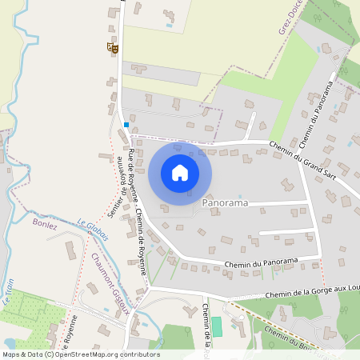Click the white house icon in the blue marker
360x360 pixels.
[180, 172]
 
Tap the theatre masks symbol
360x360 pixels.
[112, 49]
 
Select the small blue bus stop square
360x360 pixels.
[126, 125]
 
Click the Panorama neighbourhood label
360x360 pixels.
[226, 204]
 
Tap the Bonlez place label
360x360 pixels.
[46, 225]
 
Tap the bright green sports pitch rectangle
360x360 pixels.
[216, 326]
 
